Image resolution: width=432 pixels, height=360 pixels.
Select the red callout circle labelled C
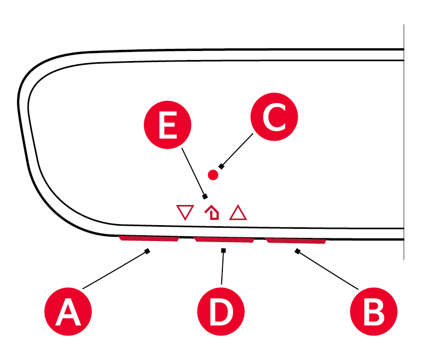click(274, 118)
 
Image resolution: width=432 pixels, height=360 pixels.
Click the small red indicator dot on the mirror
click(214, 174)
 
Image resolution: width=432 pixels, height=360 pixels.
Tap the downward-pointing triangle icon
click(185, 212)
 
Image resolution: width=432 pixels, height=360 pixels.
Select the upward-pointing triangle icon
click(238, 212)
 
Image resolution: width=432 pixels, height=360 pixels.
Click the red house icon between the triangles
click(212, 212)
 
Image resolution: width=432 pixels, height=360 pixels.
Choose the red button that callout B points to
click(296, 241)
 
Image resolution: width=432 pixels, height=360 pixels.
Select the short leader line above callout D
click(222, 268)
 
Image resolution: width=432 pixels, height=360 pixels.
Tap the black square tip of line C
click(221, 167)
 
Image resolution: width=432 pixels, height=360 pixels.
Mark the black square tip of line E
click(205, 196)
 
